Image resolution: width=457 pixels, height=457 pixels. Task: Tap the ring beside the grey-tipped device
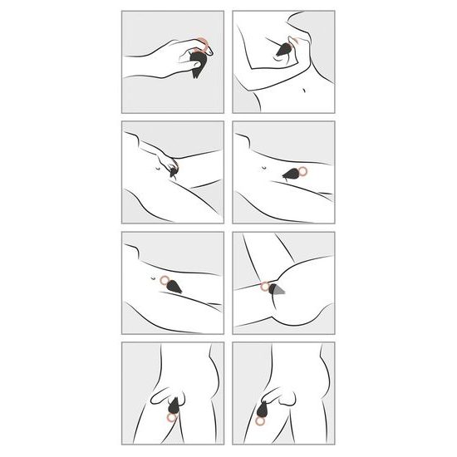263,287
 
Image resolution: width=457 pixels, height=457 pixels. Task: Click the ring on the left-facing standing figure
172,417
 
